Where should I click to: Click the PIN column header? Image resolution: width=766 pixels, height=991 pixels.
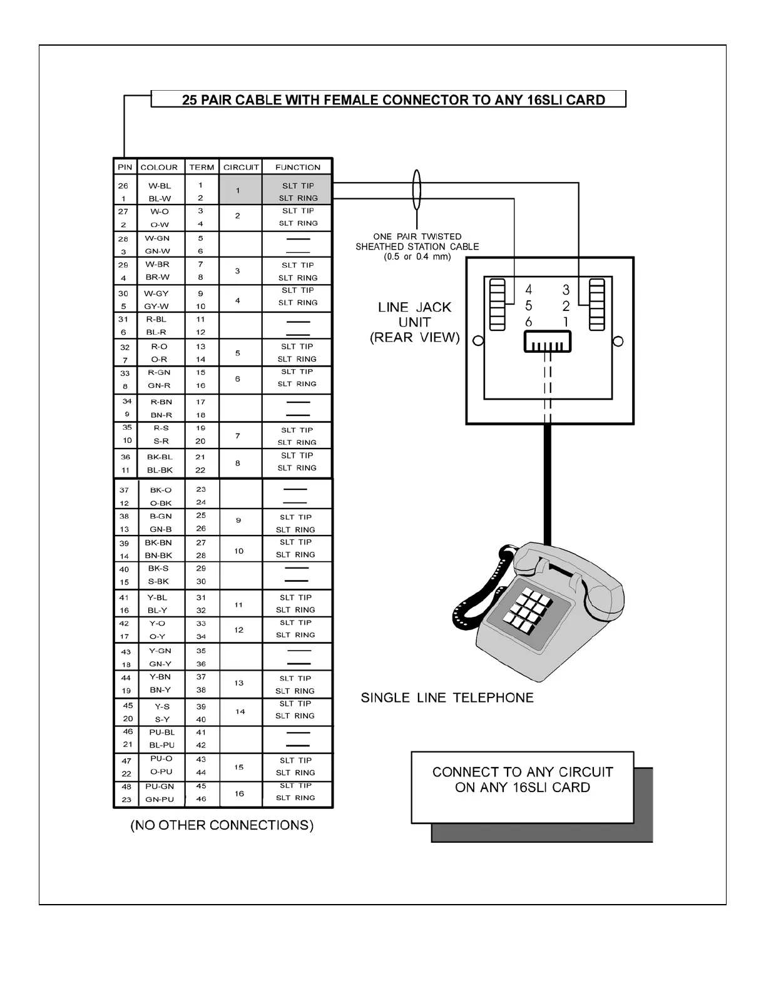tap(125, 167)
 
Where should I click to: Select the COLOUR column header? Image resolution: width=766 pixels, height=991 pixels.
tap(159, 167)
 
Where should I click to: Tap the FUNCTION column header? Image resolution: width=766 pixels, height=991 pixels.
tap(298, 167)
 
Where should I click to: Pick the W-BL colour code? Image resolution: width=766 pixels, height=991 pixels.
tap(160, 186)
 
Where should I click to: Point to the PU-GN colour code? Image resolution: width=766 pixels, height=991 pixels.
tap(160, 786)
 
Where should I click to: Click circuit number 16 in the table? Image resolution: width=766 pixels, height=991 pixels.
tap(239, 793)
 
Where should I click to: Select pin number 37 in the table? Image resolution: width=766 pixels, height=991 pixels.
tap(125, 490)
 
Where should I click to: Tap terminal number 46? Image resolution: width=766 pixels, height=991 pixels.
tap(201, 799)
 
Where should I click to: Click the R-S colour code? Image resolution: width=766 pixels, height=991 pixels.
tap(161, 428)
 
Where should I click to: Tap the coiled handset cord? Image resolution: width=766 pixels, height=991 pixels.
tap(476, 594)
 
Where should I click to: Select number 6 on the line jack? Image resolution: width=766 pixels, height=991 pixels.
tap(529, 322)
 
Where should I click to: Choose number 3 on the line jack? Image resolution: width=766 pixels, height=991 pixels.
tap(566, 290)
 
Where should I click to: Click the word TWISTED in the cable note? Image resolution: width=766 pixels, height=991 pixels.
tap(441, 236)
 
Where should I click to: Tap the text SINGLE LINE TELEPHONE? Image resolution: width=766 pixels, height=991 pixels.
tap(447, 698)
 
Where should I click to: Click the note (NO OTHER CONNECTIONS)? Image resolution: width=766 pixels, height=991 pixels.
tap(222, 825)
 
